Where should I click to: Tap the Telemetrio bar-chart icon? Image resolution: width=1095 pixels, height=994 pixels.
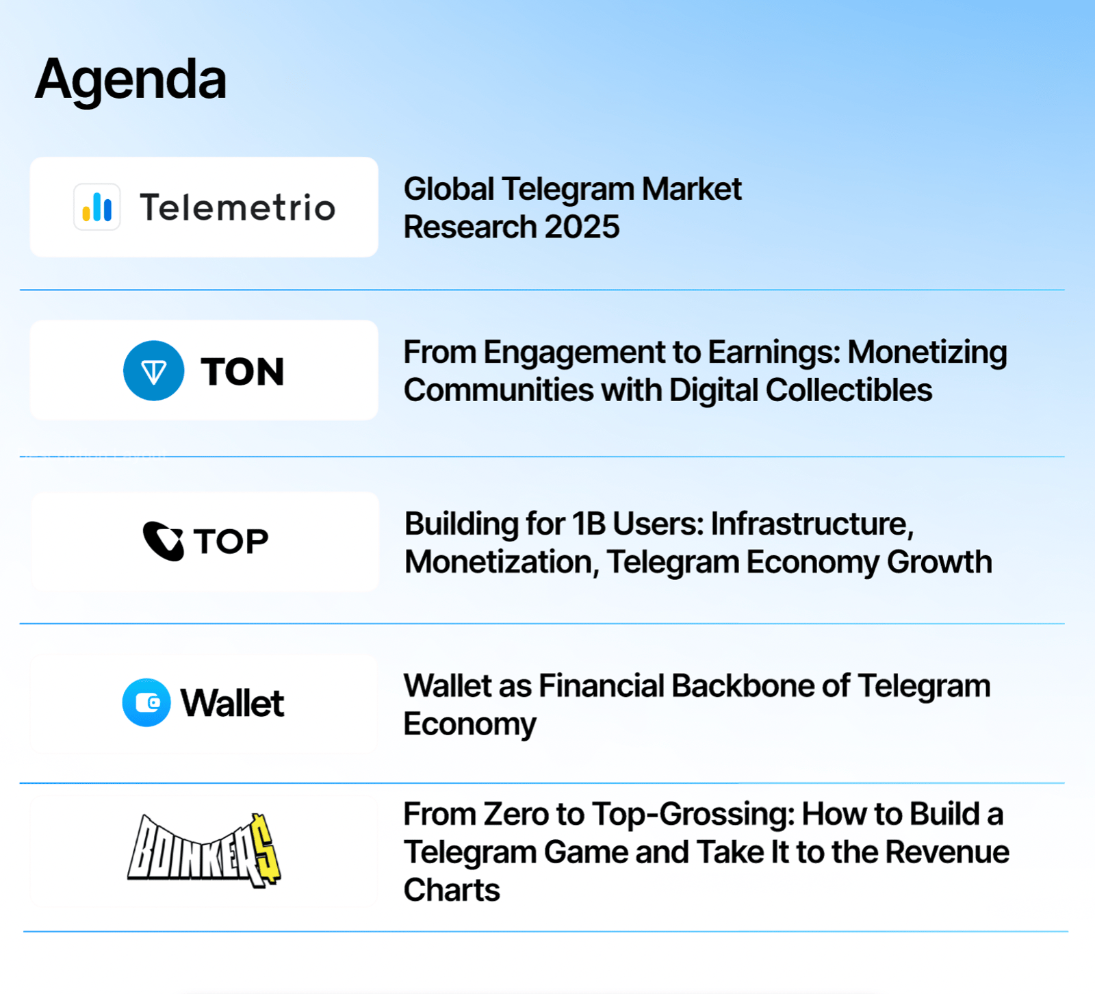click(x=97, y=207)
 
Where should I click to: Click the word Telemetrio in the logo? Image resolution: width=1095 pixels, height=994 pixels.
click(x=237, y=207)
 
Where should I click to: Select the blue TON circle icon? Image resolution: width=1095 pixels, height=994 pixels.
click(x=154, y=370)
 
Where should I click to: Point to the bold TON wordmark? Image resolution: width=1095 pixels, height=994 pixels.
click(x=242, y=372)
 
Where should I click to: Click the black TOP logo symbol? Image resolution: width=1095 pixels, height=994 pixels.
click(x=163, y=541)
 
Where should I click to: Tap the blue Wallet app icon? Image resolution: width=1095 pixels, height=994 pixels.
click(x=146, y=702)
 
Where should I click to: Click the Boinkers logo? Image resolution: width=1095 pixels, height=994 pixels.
click(x=204, y=851)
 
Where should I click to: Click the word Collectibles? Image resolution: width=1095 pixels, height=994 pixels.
click(x=849, y=390)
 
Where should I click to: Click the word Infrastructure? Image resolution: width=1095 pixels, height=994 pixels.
click(x=812, y=524)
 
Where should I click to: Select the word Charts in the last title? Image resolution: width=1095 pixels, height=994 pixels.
click(x=452, y=890)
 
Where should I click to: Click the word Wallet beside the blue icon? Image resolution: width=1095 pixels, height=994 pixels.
click(x=232, y=703)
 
